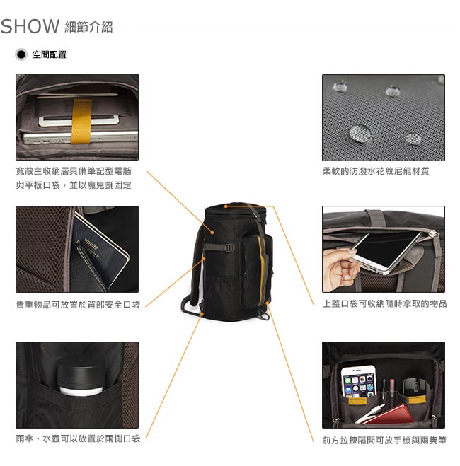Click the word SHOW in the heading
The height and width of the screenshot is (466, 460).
30,26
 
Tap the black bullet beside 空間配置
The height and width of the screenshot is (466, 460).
21,54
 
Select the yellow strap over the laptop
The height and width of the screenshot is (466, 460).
81,121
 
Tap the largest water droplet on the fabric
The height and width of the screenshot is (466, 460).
360,133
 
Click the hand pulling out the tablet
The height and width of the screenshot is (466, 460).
340,268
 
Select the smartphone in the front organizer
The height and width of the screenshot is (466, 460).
358,382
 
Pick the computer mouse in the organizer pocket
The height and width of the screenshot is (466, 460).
415,386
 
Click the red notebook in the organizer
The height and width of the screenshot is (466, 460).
391,414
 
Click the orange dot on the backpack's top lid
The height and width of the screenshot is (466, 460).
226,206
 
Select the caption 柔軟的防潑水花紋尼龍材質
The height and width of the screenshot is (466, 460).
376,171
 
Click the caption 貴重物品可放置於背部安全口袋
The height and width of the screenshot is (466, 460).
78,305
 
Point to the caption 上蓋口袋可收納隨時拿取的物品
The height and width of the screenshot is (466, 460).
384,304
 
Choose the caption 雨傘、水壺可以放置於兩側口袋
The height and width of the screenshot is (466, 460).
78,438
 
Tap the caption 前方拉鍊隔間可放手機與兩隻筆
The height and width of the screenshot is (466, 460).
384,440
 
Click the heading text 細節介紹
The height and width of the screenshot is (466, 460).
88,27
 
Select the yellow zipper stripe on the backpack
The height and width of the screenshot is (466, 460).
262,270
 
